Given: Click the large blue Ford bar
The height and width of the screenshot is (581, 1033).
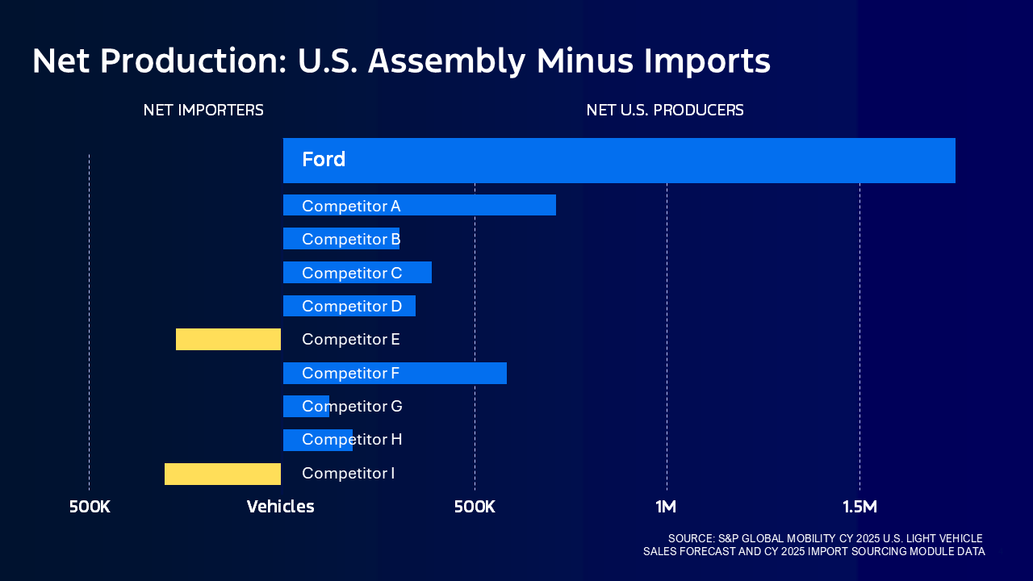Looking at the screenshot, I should [x=619, y=161].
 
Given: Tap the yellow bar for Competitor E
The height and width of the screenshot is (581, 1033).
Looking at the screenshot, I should [x=228, y=340].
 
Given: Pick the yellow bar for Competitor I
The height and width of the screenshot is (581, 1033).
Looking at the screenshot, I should [x=223, y=474].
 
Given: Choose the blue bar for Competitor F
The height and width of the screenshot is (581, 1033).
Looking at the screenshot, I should [x=452, y=373].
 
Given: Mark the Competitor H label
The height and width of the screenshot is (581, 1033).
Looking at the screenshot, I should [x=352, y=440].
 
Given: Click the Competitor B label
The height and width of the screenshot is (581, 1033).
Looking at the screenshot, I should [x=351, y=239].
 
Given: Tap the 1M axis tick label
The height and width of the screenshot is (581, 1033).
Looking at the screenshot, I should [x=666, y=507].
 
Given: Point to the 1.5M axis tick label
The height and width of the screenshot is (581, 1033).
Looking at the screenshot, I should [x=859, y=507].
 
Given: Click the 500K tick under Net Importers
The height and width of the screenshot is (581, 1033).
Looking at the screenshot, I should [x=90, y=507].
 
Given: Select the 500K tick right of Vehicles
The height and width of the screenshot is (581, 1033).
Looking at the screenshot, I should [x=475, y=507].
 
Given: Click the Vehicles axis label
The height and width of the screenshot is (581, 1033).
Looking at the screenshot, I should [x=280, y=507].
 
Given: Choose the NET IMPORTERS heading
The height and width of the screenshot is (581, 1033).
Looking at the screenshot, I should [x=203, y=111].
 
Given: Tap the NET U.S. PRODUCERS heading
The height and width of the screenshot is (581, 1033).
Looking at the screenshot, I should [x=665, y=111].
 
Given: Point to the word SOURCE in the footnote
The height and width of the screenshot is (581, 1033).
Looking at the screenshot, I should [x=691, y=538].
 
